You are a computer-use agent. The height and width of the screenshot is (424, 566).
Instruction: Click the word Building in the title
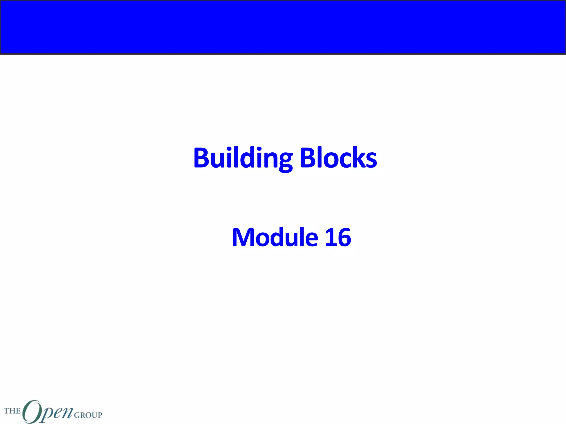(x=243, y=158)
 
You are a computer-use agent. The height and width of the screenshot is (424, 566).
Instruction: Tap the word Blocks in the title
(x=338, y=158)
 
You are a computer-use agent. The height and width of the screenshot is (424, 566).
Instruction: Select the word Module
(x=275, y=237)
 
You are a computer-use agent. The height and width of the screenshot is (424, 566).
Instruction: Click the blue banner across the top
(x=283, y=27)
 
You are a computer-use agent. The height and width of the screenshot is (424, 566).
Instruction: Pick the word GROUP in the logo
(x=88, y=415)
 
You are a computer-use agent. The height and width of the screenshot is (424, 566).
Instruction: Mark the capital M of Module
(x=243, y=237)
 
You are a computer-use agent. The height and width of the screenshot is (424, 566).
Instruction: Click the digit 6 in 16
(x=344, y=237)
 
